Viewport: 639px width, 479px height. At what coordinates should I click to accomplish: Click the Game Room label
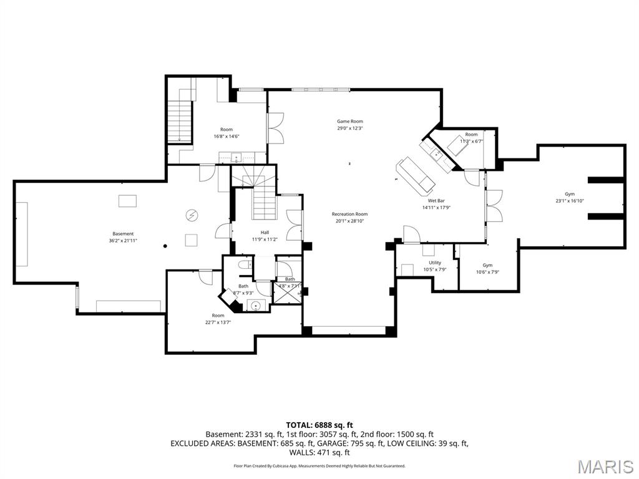click(x=349, y=122)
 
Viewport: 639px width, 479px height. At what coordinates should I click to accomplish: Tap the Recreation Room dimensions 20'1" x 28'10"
click(x=349, y=221)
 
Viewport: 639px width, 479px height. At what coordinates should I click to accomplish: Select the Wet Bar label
click(x=436, y=201)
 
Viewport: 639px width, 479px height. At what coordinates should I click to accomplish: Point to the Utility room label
click(x=435, y=263)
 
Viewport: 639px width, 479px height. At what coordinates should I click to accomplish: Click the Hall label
click(x=265, y=232)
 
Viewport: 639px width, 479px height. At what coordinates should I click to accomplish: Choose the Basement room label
click(x=123, y=234)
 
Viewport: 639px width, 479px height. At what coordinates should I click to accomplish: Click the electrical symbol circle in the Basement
click(x=191, y=215)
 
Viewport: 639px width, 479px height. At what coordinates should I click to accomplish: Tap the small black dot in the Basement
click(x=164, y=246)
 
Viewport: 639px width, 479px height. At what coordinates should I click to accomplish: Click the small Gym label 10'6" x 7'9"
click(x=487, y=272)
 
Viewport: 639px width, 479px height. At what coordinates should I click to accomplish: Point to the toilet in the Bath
click(x=245, y=264)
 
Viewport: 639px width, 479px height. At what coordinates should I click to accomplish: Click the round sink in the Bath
click(x=255, y=306)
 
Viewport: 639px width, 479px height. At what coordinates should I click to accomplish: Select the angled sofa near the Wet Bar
click(x=416, y=175)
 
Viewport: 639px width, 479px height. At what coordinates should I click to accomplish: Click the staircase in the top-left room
click(x=178, y=122)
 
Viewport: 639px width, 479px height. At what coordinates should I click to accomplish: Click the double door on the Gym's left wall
click(x=494, y=205)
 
